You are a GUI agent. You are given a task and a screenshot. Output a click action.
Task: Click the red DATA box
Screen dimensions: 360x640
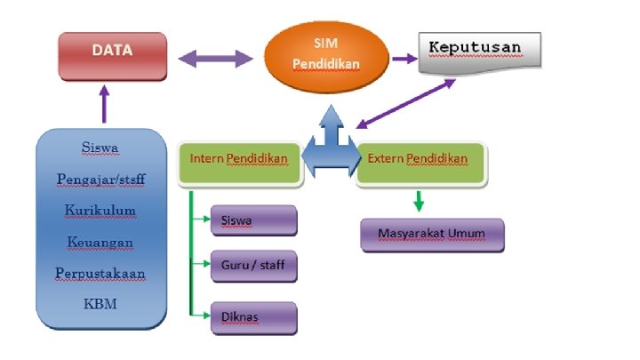[x=113, y=55]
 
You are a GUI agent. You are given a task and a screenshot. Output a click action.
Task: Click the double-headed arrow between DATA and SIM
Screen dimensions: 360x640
[x=216, y=60]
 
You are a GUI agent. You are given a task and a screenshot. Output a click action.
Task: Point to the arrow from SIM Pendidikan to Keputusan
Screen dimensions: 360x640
[x=405, y=60]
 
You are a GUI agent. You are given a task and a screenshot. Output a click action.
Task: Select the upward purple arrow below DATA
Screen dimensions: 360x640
[x=105, y=103]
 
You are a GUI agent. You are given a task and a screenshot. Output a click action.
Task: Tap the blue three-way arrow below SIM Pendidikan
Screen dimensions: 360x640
[x=329, y=147]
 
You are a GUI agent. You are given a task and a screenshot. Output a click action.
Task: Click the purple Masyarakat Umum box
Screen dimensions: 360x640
[x=433, y=235]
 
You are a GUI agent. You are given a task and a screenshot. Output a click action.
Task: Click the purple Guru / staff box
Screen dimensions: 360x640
[x=253, y=265]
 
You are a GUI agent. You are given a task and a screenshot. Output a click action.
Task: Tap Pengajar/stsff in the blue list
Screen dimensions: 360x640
[x=100, y=179]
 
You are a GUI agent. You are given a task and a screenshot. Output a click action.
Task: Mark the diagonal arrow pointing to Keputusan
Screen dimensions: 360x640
[x=405, y=104]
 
